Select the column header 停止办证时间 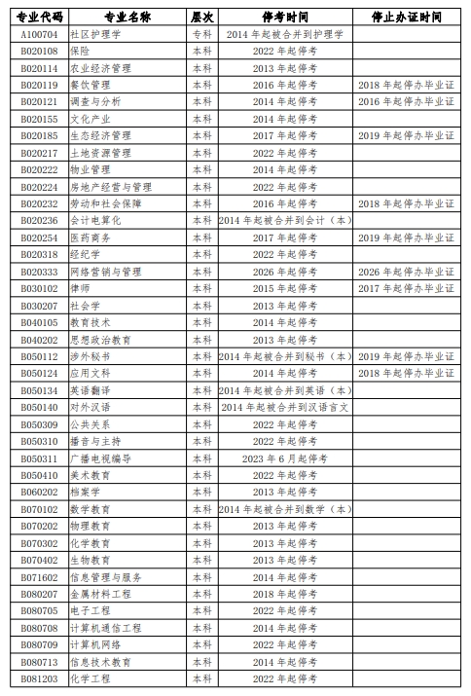[x=406, y=17]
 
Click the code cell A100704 [x=38, y=34]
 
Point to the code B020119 [x=38, y=85]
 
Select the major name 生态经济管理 [x=107, y=135]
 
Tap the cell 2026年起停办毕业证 [x=406, y=272]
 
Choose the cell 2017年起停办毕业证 [x=406, y=288]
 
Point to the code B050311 [x=38, y=458]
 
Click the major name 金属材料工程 [x=107, y=593]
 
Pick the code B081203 [x=38, y=678]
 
